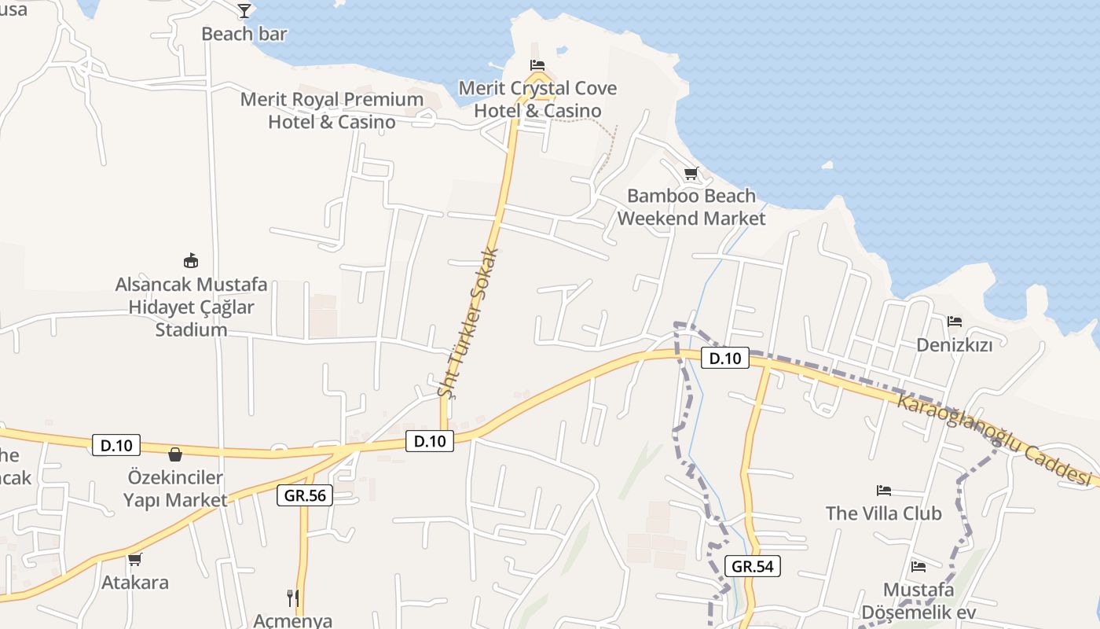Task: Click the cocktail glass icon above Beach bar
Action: [244, 10]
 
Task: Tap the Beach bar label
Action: [244, 34]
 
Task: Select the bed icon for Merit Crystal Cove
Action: [537, 64]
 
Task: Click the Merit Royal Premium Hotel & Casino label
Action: [332, 111]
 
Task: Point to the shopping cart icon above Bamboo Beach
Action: [691, 173]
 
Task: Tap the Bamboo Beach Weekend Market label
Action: [691, 207]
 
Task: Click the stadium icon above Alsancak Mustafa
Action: [190, 260]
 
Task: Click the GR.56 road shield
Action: [305, 495]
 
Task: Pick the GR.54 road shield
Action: [753, 566]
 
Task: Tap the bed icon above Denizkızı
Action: [955, 321]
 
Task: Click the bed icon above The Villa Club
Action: [884, 491]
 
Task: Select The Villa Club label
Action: [883, 513]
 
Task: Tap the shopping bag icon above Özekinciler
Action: [174, 454]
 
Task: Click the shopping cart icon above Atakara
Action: [134, 559]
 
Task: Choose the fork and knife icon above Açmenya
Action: [292, 598]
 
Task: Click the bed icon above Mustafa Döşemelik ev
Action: [918, 566]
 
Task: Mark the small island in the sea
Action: [827, 165]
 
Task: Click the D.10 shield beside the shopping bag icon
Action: [116, 445]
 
